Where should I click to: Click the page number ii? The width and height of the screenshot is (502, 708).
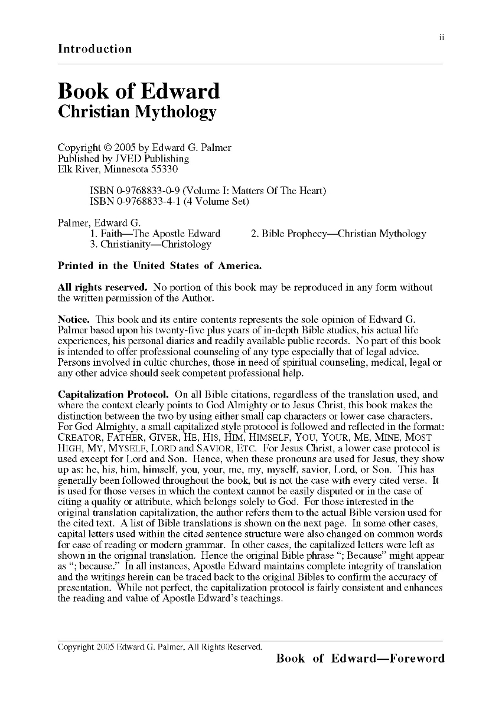coord(441,37)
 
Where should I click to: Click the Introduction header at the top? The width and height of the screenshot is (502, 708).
coord(94,49)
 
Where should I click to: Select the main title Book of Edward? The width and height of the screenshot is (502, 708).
coord(138,91)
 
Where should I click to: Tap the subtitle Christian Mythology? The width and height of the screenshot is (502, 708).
coord(137,112)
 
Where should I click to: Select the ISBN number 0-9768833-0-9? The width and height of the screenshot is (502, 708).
coord(139,191)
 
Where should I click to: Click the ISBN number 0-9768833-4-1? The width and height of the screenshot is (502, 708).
coord(139,201)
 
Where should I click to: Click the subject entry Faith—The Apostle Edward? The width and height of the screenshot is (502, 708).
coord(155,234)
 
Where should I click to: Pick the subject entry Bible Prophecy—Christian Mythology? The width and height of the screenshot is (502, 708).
coord(338,234)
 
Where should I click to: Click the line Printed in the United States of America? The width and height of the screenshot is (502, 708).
coord(159,266)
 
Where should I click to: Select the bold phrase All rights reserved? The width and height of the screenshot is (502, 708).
coord(102,287)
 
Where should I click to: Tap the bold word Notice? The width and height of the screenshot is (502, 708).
coord(74,319)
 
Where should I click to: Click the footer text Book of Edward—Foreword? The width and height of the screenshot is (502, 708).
coord(360,658)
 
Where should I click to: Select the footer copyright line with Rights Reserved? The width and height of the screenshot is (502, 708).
coord(159,647)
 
